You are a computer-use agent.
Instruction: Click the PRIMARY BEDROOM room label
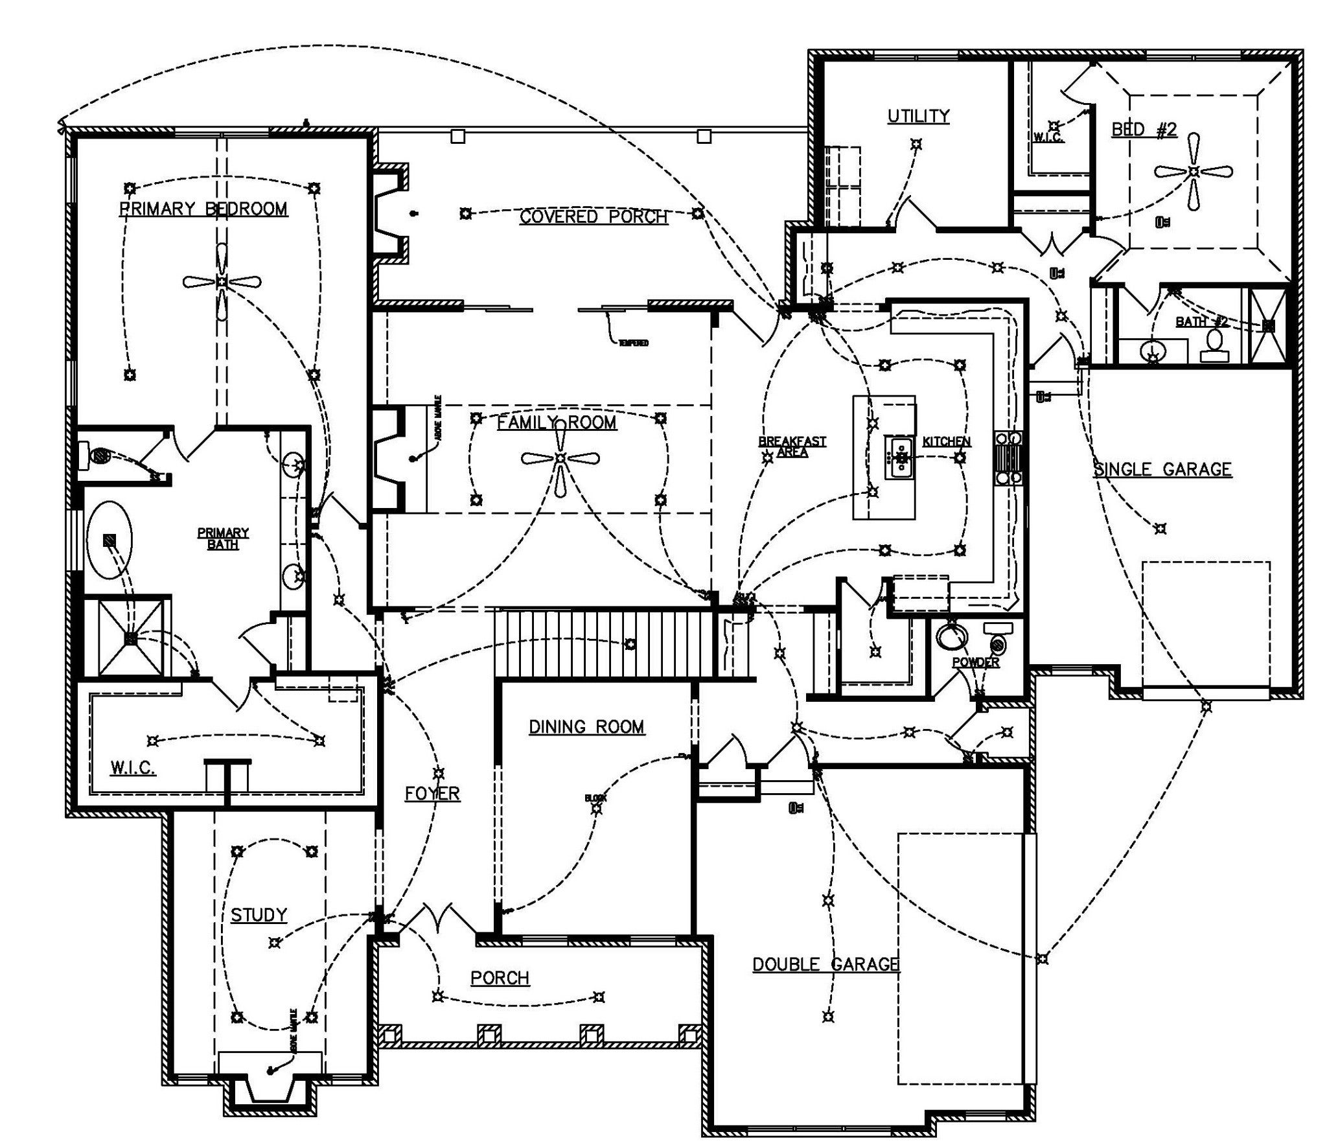click(203, 209)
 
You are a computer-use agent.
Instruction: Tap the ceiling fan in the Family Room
click(560, 459)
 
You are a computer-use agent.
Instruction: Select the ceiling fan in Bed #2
click(1194, 172)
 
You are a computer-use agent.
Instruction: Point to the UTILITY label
click(918, 117)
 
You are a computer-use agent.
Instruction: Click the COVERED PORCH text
click(593, 216)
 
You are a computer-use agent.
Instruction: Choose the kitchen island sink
click(900, 457)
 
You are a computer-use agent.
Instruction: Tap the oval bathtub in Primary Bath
click(110, 539)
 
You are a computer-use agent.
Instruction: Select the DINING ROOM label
click(586, 727)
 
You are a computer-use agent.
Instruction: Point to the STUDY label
click(259, 915)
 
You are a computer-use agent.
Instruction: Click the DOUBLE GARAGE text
click(825, 965)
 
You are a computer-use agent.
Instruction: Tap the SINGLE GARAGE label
click(1162, 469)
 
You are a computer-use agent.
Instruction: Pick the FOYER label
click(432, 793)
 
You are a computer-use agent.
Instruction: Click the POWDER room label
click(975, 663)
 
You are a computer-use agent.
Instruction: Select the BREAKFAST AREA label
click(792, 446)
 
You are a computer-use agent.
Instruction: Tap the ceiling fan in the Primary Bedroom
click(222, 281)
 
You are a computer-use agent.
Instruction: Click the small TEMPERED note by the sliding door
click(633, 343)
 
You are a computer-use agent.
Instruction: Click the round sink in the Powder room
click(950, 636)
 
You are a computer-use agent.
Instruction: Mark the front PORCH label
click(500, 978)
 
